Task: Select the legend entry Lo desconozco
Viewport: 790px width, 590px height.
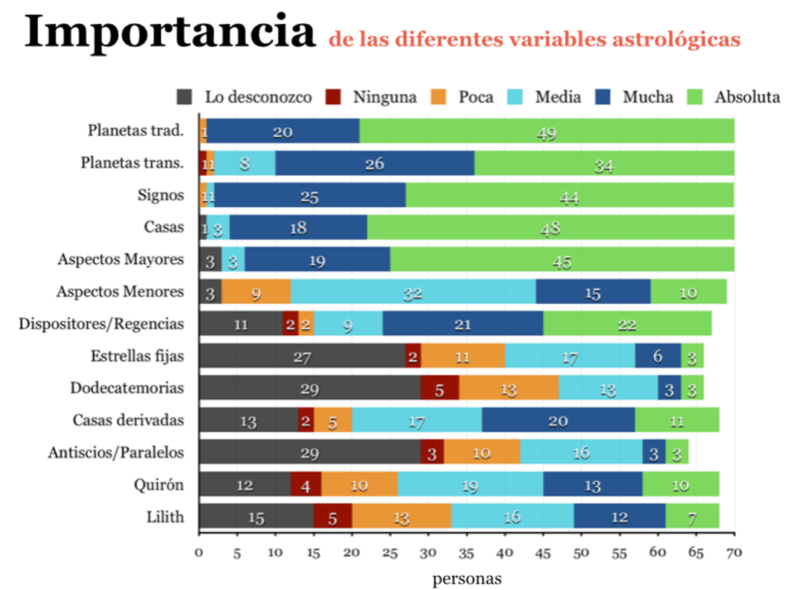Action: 245,97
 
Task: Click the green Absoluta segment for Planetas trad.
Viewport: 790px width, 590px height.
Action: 547,131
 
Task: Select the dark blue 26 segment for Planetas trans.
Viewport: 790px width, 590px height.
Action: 375,163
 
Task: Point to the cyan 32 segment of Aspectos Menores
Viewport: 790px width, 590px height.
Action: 413,291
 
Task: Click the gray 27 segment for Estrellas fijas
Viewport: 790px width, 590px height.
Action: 302,356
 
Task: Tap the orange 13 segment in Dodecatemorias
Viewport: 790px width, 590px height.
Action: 508,387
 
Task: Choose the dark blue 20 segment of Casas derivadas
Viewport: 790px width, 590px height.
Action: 557,420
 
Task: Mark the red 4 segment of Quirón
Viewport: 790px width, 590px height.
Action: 305,484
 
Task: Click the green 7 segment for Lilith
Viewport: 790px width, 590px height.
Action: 693,515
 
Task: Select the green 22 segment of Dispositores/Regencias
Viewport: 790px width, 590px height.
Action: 627,323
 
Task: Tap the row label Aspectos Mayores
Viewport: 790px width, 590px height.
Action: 120,259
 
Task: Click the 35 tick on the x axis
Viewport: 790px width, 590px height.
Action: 466,553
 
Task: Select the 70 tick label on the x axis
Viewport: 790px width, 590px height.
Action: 734,553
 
